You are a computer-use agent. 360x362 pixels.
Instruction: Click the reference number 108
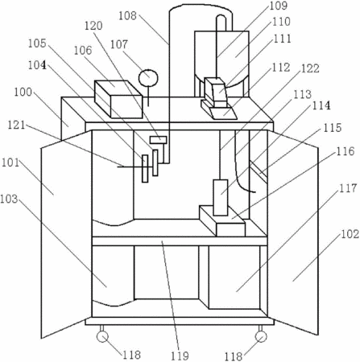coord(128,16)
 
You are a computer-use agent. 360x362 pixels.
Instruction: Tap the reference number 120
coord(93,26)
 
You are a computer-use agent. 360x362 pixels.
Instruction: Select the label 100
coord(23,93)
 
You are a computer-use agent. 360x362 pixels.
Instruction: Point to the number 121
coord(16,125)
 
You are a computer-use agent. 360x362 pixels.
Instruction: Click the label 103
coord(9,199)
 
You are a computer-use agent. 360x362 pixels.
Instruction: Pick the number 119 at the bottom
coord(180,356)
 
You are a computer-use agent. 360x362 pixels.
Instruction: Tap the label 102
coord(350,234)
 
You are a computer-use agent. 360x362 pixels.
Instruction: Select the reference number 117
coord(348,188)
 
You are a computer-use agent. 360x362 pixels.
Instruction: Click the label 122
coord(310,68)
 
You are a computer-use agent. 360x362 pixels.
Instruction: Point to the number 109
coord(279,6)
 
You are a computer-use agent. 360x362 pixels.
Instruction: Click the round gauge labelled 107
coord(148,78)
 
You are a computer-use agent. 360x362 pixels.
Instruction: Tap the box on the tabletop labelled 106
coord(118,99)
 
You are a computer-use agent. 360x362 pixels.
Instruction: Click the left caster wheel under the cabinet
coord(102,336)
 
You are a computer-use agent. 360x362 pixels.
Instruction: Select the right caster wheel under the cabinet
coord(261,336)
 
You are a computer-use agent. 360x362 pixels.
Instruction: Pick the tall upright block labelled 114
coord(221,198)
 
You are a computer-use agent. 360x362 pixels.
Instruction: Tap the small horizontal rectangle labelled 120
coord(158,140)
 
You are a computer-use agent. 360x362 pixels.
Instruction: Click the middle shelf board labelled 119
coord(180,241)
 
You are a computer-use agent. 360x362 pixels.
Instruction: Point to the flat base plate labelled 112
coord(219,110)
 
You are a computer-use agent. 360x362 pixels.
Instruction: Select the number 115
coord(333,128)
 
